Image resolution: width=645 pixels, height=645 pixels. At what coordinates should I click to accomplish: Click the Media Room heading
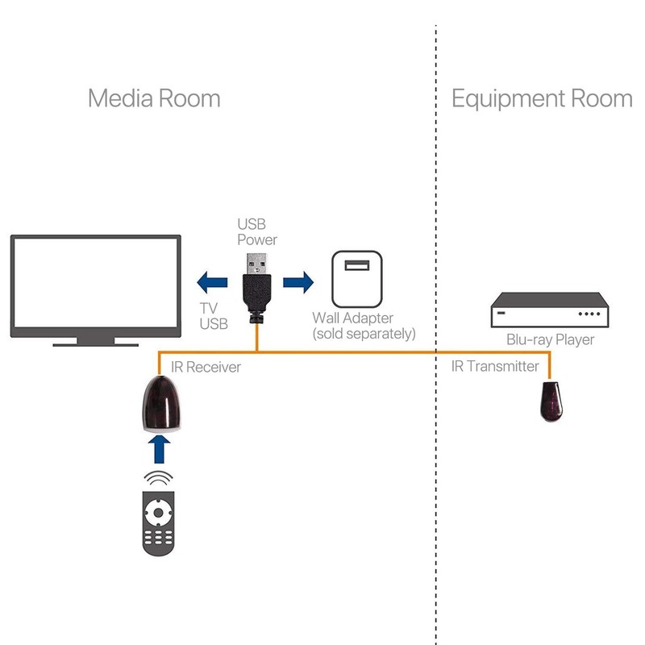pos(153,98)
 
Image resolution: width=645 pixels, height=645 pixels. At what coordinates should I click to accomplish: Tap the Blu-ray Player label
pos(550,339)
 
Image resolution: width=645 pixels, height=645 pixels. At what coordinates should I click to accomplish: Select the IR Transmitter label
pos(495,367)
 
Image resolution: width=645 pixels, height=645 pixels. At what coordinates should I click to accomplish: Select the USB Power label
pos(256,231)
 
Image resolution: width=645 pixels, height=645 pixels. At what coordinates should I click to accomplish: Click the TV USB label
pos(213,316)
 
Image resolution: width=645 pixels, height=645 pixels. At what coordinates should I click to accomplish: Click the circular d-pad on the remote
pos(159,512)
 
